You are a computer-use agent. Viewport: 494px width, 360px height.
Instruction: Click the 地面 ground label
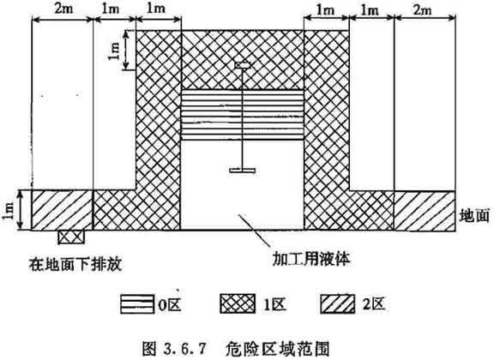click(474, 215)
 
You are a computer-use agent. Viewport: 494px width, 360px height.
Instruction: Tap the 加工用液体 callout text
click(311, 259)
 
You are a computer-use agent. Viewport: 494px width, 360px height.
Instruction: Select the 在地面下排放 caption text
click(75, 264)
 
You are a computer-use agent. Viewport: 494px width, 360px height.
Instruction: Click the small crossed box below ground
click(71, 237)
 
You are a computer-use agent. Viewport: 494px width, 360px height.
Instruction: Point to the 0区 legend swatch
click(137, 304)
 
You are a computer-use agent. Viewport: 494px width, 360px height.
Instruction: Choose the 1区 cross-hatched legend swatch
click(238, 303)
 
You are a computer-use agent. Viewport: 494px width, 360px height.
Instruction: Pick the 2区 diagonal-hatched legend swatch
click(337, 304)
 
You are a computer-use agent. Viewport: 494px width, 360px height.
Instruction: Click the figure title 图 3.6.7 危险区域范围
click(236, 348)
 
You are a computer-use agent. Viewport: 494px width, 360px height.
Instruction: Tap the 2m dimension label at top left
click(63, 9)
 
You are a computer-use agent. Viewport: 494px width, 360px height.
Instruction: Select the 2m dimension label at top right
click(422, 9)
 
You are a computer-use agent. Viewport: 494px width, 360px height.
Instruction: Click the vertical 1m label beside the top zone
click(114, 51)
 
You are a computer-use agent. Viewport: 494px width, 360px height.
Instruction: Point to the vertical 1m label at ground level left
click(8, 210)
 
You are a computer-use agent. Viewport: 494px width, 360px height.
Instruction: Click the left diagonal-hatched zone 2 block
click(62, 210)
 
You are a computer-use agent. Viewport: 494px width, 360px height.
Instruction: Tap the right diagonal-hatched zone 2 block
click(425, 211)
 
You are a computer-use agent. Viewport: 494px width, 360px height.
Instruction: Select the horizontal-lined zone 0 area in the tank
click(242, 115)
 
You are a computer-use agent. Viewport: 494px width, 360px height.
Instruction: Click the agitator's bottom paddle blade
click(242, 171)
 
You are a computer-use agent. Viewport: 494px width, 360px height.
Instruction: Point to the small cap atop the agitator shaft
click(242, 65)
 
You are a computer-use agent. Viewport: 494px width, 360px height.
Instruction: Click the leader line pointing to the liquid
click(254, 230)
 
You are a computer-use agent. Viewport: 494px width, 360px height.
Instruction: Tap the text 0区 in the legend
click(170, 304)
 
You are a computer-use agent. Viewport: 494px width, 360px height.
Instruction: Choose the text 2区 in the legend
click(374, 304)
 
